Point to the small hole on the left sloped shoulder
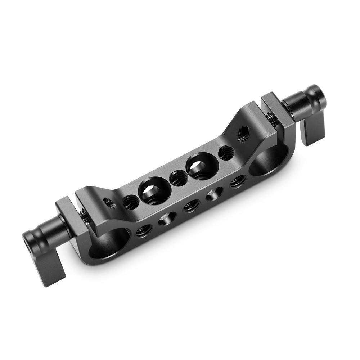[110, 203]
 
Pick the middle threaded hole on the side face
[191, 206]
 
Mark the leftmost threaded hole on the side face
[143, 230]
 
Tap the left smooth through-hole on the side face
[167, 218]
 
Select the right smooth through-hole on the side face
[215, 193]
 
